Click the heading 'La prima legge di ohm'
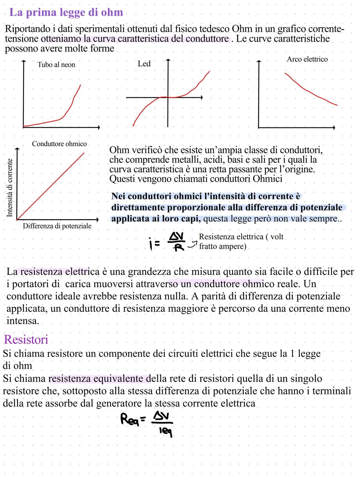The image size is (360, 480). coord(66,13)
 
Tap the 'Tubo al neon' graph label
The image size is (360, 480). coord(56,65)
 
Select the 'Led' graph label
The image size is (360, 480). coord(144,64)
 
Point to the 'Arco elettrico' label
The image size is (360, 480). coord(307,59)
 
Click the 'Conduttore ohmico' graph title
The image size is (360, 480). coord(59,144)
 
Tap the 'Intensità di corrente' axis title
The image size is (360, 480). coord(10,187)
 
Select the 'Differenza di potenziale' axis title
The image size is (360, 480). coord(57,226)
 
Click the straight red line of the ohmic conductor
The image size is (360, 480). coord(50,186)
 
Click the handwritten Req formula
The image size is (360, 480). coord(147,421)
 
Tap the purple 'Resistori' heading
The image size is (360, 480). coord(26,340)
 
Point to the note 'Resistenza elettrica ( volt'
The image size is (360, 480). coord(241,237)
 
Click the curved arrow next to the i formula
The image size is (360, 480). coord(191,246)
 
